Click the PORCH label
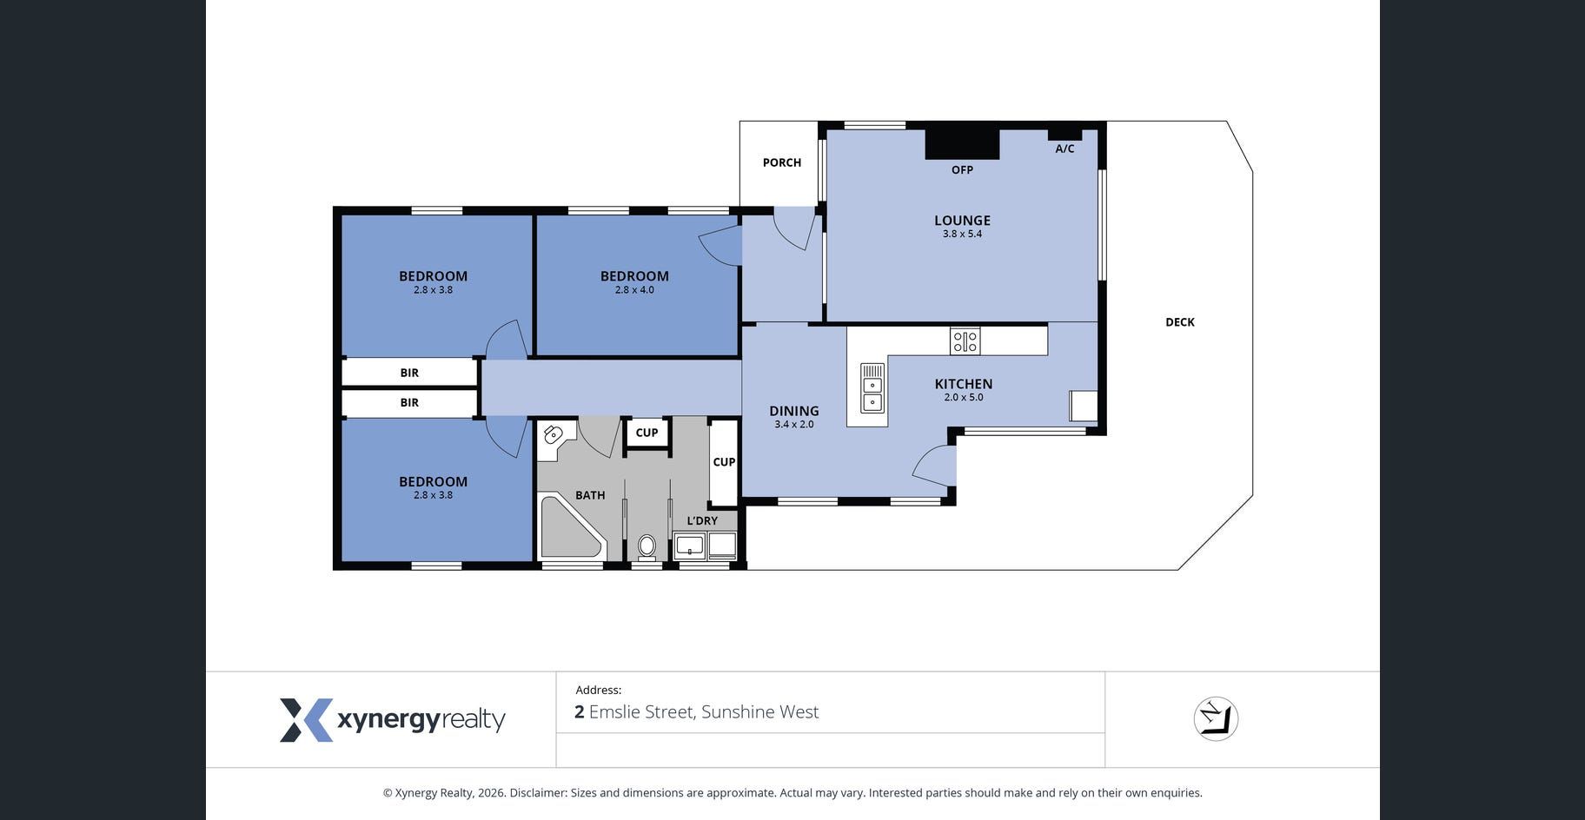[x=782, y=162]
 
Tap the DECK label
[x=1180, y=322]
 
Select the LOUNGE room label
[x=962, y=221]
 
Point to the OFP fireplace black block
[x=962, y=144]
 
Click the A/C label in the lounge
[x=1064, y=149]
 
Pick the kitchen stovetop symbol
[x=965, y=341]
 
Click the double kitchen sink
[x=872, y=387]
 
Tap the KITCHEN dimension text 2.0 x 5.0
[x=964, y=398]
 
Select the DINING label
[x=794, y=411]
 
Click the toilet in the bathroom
[x=647, y=546]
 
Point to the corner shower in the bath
[x=571, y=526]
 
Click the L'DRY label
[x=702, y=521]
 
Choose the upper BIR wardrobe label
[x=409, y=373]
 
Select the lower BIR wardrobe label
[x=409, y=403]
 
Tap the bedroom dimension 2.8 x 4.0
[x=634, y=290]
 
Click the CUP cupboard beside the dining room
[x=724, y=462]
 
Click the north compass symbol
[x=1216, y=719]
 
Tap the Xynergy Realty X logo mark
[x=306, y=720]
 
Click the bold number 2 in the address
[x=580, y=712]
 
